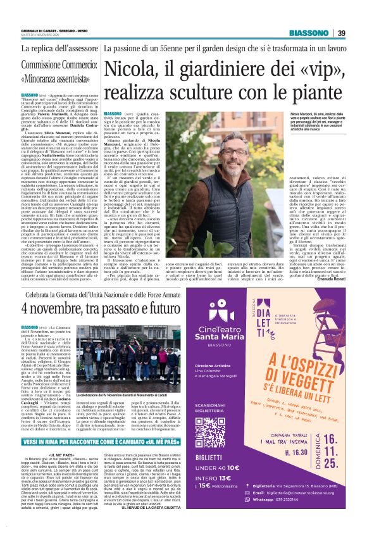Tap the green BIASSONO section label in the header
click(x=309, y=34)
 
